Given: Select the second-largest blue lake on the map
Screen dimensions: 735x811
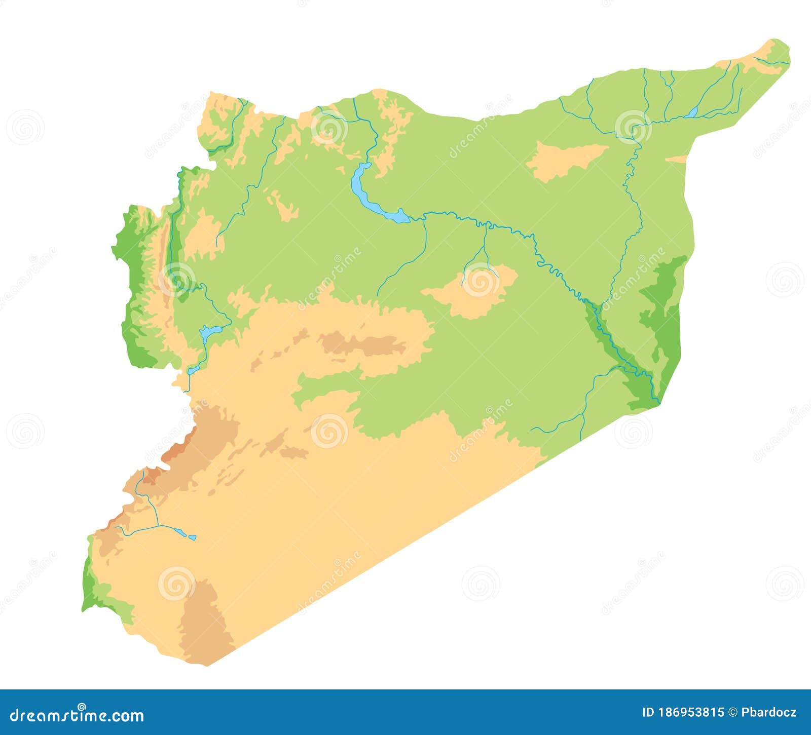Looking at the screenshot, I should point(210,332).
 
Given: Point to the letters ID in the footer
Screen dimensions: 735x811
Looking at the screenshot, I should point(648,713).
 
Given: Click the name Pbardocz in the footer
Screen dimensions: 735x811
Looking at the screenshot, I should point(769,713).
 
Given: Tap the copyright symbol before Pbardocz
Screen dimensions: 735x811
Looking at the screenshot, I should point(733,713).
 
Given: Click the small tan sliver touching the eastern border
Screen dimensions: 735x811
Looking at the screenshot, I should point(677,159).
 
